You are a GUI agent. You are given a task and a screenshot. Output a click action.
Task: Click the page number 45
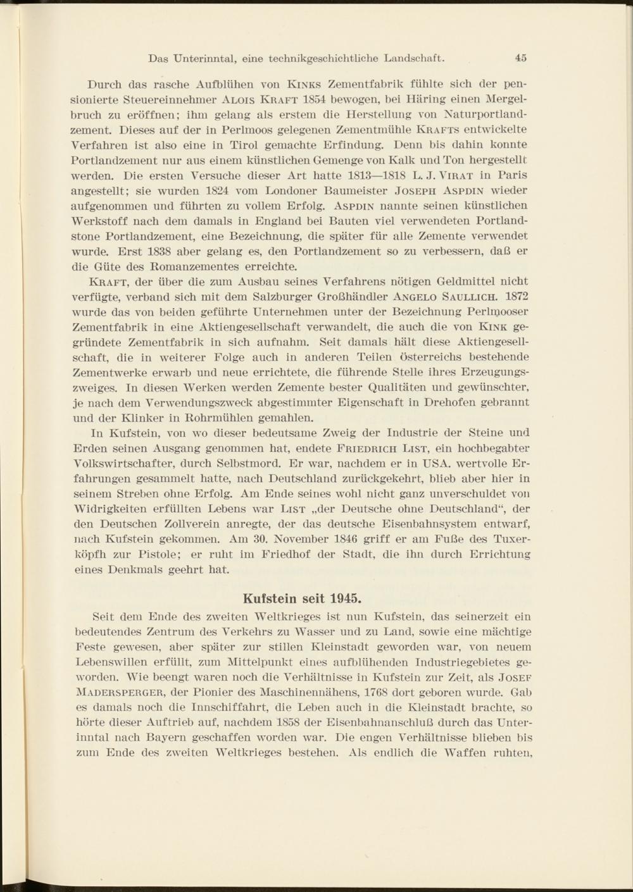[x=521, y=58]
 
